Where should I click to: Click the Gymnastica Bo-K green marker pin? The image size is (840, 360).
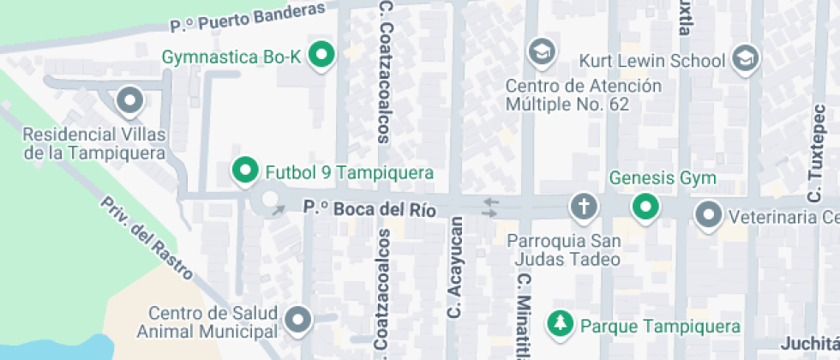tap(322, 56)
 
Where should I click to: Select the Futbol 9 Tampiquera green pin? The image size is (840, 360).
tap(245, 171)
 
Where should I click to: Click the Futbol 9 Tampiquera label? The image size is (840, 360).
tap(349, 172)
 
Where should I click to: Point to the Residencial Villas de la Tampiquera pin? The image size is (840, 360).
tap(129, 101)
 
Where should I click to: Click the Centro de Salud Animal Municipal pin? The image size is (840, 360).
tap(298, 320)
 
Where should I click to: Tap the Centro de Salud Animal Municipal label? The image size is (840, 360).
tap(213, 322)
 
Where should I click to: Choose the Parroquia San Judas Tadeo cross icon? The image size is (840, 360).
tap(583, 207)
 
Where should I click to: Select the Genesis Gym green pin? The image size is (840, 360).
tap(644, 207)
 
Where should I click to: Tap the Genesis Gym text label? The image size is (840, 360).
tap(663, 179)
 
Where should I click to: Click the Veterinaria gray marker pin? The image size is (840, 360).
tap(709, 214)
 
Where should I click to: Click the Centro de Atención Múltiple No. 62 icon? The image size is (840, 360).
tap(542, 51)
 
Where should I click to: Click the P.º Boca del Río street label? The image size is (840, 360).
tap(371, 209)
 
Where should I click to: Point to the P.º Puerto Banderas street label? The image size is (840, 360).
tap(248, 16)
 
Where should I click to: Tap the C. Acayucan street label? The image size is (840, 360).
tap(455, 267)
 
